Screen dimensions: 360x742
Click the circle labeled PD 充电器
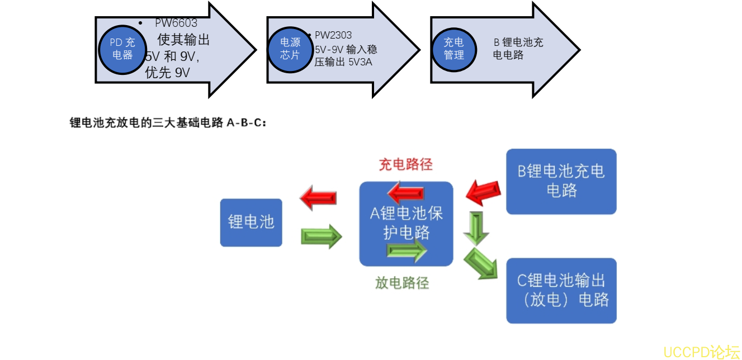tap(122, 49)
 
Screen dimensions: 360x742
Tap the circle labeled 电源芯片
tap(290, 49)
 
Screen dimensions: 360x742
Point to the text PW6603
tap(176, 23)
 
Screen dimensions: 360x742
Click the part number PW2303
tap(333, 35)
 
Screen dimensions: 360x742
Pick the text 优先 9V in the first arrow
tap(168, 73)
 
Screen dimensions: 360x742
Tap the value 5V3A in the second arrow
tap(359, 62)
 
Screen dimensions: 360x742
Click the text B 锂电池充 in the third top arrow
tap(518, 42)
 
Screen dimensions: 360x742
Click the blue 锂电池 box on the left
tap(251, 222)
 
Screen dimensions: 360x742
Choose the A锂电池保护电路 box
tap(406, 223)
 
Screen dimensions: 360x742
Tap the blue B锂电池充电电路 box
tap(561, 181)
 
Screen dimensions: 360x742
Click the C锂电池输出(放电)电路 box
tap(561, 290)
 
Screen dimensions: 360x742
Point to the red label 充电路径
tap(405, 165)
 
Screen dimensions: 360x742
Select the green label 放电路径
tap(402, 283)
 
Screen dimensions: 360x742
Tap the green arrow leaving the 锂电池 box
tap(321, 236)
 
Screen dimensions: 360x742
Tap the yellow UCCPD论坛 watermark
tap(701, 352)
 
